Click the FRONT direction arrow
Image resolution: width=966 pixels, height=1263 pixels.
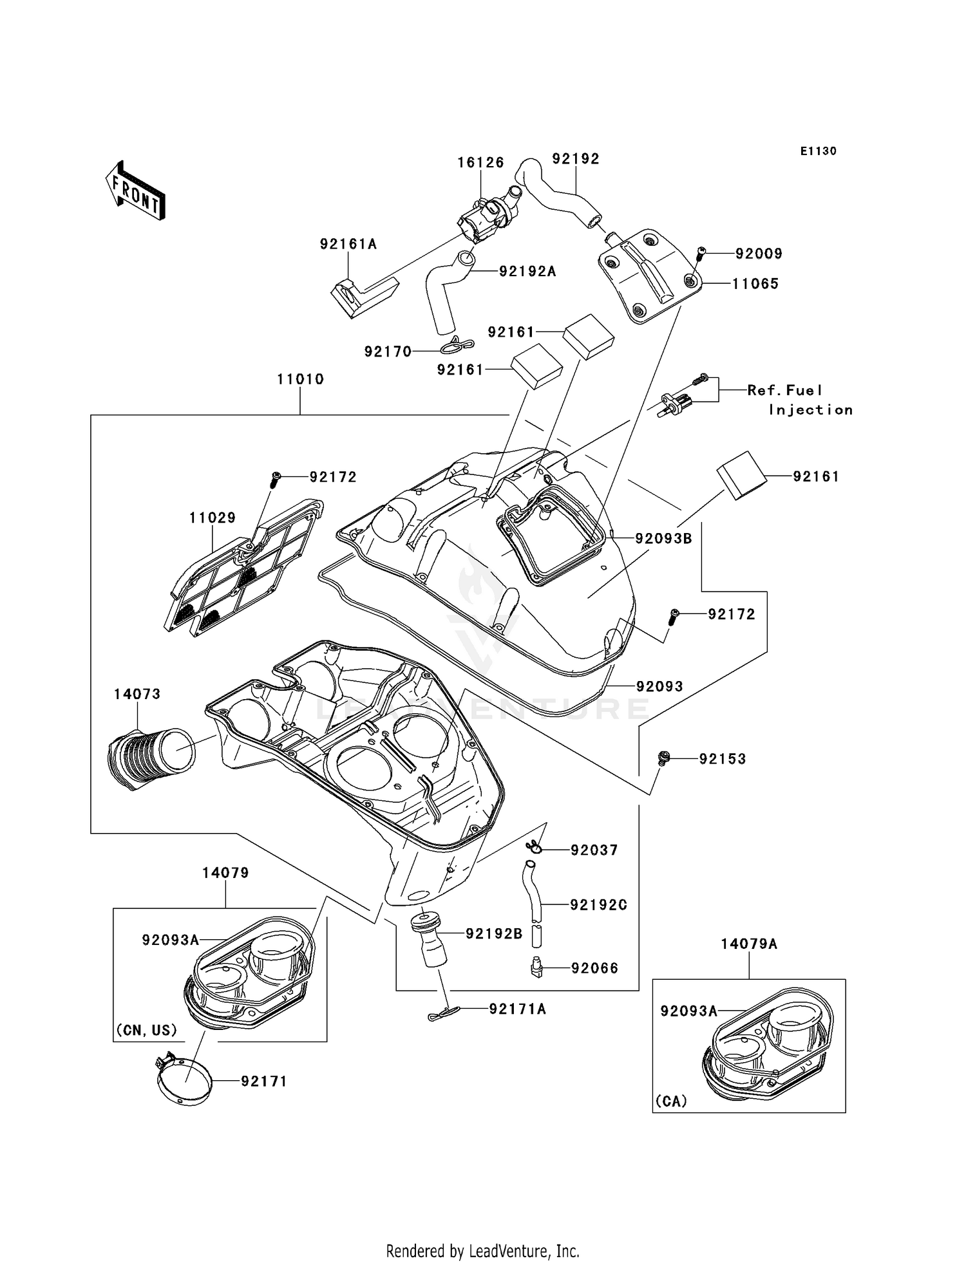click(x=136, y=191)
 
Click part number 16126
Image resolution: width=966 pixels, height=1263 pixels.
click(x=480, y=163)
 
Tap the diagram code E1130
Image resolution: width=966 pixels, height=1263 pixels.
click(x=818, y=151)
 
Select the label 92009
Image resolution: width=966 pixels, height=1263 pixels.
click(x=759, y=254)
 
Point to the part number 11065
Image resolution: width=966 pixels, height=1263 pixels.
click(x=755, y=284)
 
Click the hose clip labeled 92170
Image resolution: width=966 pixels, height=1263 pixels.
click(x=459, y=346)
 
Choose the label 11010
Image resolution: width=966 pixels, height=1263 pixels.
click(x=300, y=379)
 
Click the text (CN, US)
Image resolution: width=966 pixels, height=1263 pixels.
click(x=146, y=1030)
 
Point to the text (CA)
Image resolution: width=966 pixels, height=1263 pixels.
click(x=671, y=1101)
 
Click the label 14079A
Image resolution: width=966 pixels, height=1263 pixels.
click(x=748, y=944)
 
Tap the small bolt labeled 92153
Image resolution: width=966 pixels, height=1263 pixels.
click(x=664, y=758)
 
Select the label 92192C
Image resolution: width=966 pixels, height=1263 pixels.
click(x=598, y=904)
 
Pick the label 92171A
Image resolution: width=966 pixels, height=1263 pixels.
click(x=517, y=1009)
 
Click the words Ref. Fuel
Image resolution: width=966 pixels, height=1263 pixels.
click(x=784, y=390)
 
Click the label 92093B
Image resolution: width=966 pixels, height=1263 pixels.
click(x=663, y=538)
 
